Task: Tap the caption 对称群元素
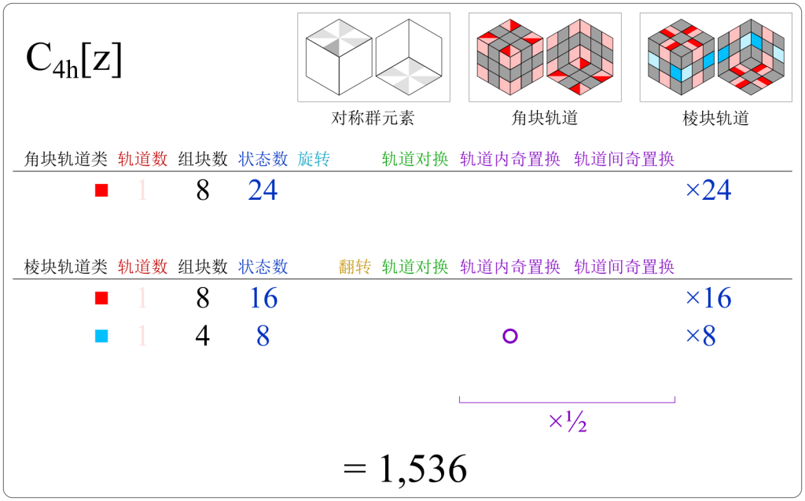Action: point(373,119)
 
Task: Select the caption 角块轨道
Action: point(545,119)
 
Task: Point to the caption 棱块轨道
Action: point(715,119)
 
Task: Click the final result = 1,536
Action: point(406,470)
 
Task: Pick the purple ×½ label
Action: point(568,423)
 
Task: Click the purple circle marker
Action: point(509,337)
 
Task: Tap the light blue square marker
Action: point(101,337)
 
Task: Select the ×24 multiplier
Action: point(708,190)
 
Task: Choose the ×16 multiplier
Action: point(708,299)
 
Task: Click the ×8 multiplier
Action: point(700,337)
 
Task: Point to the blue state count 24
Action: point(263,190)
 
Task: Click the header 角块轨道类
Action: point(66,160)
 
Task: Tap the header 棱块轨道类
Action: point(66,267)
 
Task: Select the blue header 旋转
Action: point(314,160)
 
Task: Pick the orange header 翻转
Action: point(355,267)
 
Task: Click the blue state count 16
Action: point(263,299)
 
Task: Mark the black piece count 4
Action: point(203,337)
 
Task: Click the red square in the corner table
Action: point(101,190)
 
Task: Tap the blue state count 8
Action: point(263,337)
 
